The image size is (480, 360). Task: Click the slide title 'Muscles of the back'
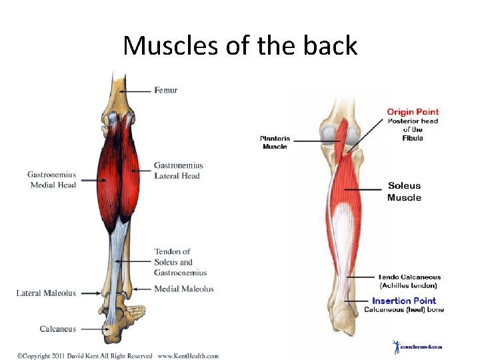(240, 45)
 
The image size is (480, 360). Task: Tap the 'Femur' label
(166, 90)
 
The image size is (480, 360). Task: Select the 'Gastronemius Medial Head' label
(51, 179)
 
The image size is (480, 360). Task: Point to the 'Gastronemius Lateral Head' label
(178, 171)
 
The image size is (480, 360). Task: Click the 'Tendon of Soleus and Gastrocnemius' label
(180, 262)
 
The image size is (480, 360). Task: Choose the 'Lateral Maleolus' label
(46, 293)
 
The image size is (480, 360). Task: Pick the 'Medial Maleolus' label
(184, 289)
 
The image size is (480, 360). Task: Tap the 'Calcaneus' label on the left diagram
(57, 329)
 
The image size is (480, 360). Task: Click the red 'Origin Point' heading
(413, 111)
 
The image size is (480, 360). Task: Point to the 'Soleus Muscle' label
(404, 191)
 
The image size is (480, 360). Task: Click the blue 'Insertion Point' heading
(404, 301)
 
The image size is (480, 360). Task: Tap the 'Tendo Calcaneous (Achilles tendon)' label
(409, 281)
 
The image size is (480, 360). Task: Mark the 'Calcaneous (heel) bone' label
(404, 309)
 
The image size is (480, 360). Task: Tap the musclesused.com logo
(416, 347)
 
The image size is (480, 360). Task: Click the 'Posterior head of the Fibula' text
(412, 129)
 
